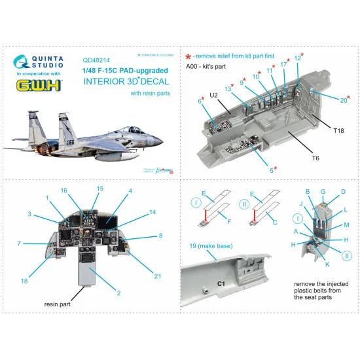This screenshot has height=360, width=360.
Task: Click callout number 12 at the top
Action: coord(297,58)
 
